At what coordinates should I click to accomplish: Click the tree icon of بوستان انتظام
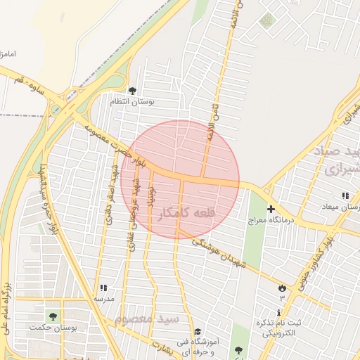point(132,91)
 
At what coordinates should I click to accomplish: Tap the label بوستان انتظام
point(132,102)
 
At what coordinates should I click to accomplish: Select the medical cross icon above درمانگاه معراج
point(271,209)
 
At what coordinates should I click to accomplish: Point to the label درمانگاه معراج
point(270,221)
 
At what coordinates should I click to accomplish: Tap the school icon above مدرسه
point(103,288)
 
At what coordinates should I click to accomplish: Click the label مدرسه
point(104,298)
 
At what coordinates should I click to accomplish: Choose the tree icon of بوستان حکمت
point(53,316)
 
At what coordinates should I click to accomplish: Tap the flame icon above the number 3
point(282,288)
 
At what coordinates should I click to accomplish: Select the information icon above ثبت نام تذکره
point(279,312)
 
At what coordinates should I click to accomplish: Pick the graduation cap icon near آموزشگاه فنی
point(198,331)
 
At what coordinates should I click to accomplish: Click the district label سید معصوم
point(147,319)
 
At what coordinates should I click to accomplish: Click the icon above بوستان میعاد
point(345,195)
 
